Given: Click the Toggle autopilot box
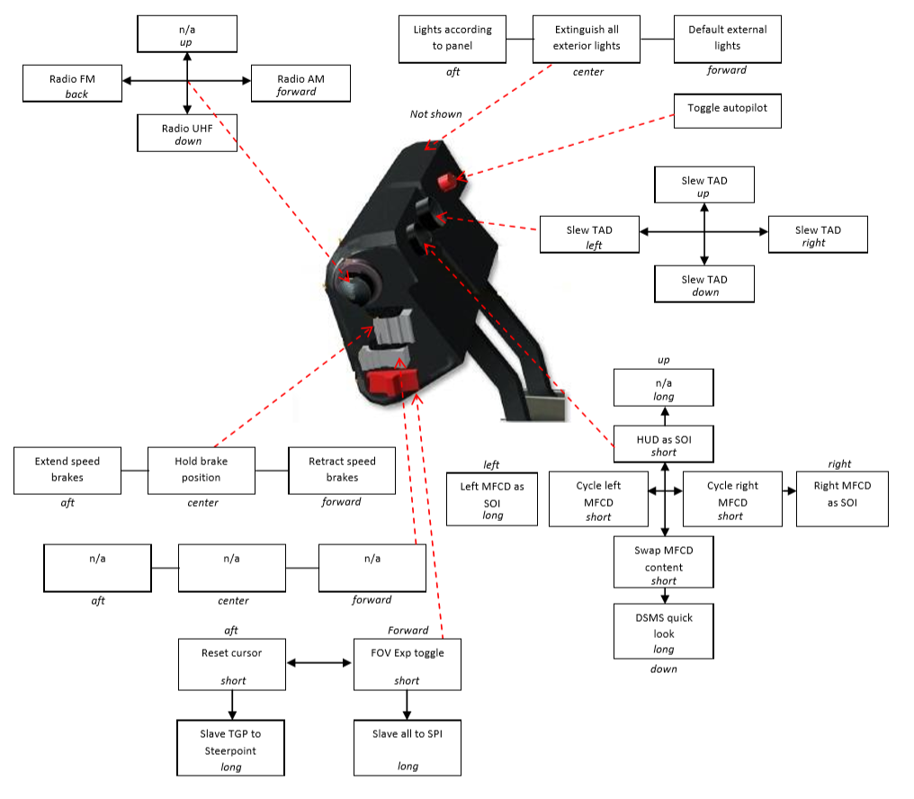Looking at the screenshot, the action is pos(727,111).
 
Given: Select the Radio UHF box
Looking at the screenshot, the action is pos(187,133).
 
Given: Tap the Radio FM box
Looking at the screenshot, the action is pos(72,84).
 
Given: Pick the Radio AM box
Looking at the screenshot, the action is pos(300,84).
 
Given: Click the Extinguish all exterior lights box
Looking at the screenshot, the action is pos(587,39).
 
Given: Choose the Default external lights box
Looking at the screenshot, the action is pos(728,39).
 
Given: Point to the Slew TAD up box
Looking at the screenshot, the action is pos(704,184).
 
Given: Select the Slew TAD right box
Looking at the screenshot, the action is pos(818,235).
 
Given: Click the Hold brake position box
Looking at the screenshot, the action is pos(202,471).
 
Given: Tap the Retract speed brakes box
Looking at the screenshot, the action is pos(342,471).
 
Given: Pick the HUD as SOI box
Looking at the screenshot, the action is pos(663,444).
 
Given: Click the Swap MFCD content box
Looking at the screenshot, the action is pos(663,562).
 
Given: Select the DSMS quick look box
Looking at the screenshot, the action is pos(663,631).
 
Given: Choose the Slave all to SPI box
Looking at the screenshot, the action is pos(408,749).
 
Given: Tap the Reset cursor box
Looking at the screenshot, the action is pos(232,665).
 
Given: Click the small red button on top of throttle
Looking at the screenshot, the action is pos(447,182).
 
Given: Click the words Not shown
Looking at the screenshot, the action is pos(436,114).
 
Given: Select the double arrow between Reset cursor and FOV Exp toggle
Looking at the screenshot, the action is pos(319,662).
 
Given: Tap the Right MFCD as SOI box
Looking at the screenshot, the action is pos(842,499).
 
